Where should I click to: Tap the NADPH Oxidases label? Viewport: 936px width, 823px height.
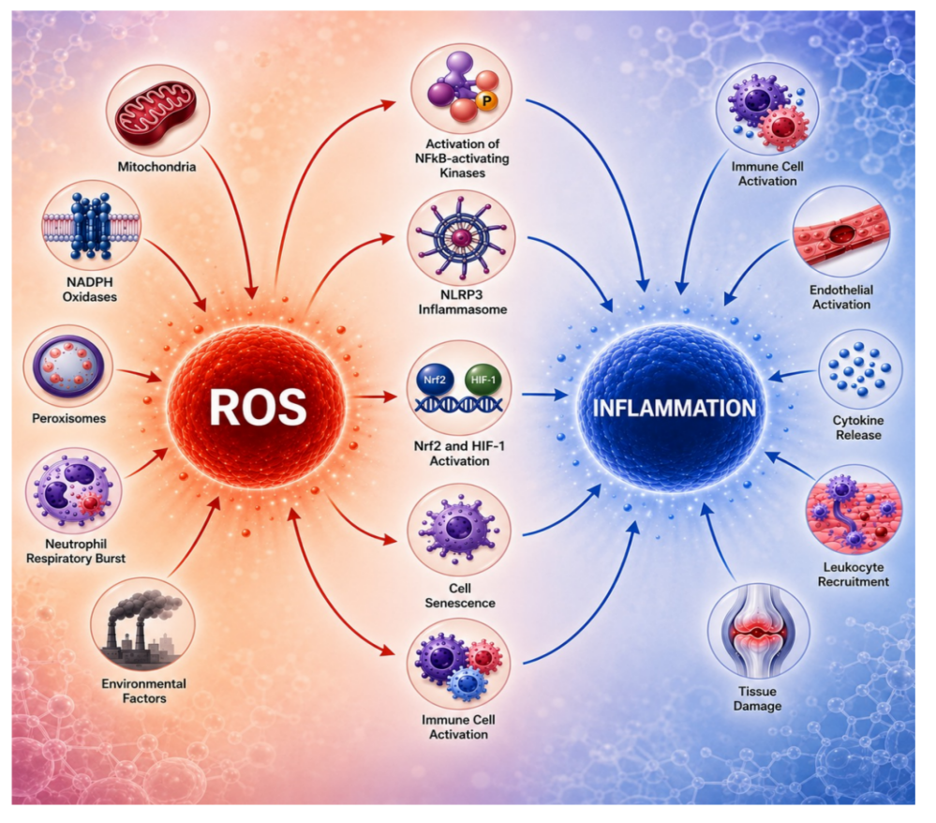[x=90, y=289]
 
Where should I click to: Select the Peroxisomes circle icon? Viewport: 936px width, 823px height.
[x=68, y=367]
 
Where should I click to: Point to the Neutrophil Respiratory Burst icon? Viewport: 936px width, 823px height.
[x=73, y=490]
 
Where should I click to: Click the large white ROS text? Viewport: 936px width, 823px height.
[x=258, y=408]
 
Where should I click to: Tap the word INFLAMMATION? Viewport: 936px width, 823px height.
[x=675, y=409]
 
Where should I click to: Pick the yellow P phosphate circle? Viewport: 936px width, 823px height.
[x=486, y=101]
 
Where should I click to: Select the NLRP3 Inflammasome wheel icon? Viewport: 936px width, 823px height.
[x=461, y=238]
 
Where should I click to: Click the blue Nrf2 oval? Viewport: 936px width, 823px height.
[x=435, y=380]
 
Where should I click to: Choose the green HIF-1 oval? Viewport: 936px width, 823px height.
[x=483, y=380]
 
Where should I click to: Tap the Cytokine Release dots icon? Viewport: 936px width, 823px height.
[x=859, y=369]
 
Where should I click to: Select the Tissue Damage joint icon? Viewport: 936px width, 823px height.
[x=758, y=632]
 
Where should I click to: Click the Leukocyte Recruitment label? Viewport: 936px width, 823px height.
[x=853, y=574]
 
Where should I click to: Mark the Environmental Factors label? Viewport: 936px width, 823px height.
[x=144, y=691]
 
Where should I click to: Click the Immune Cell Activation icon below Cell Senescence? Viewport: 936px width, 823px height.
[x=458, y=664]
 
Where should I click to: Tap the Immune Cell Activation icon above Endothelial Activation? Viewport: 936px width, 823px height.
[x=767, y=109]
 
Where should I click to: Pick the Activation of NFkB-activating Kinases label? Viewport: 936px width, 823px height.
[x=462, y=158]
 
